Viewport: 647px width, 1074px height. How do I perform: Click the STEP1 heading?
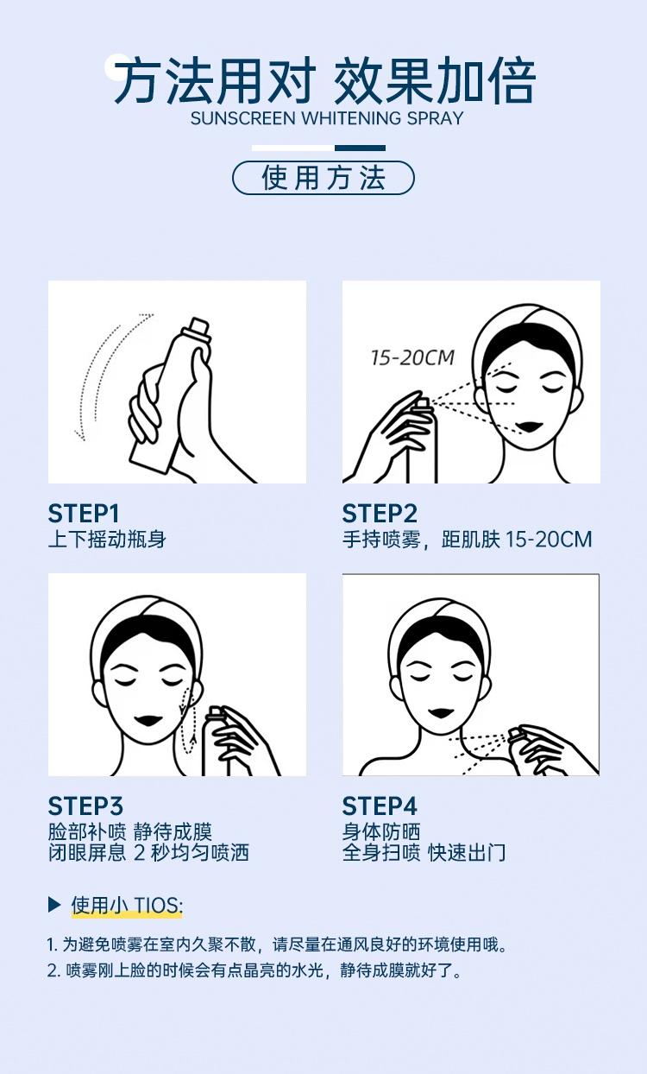pyautogui.click(x=84, y=514)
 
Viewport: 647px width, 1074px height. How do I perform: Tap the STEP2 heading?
pyautogui.click(x=380, y=514)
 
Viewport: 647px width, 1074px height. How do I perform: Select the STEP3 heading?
pyautogui.click(x=85, y=806)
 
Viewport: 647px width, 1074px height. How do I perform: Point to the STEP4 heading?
pyautogui.click(x=380, y=806)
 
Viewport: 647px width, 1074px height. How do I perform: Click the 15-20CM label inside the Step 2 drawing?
pyautogui.click(x=412, y=357)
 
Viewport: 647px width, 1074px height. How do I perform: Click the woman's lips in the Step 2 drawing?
pyautogui.click(x=531, y=426)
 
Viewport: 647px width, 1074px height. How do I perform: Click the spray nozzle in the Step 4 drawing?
pyautogui.click(x=515, y=734)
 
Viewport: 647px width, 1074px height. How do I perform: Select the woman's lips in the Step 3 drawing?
pyautogui.click(x=148, y=721)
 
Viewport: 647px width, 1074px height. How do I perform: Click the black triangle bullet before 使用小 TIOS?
pyautogui.click(x=54, y=906)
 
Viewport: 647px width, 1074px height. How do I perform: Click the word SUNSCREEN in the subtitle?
pyautogui.click(x=242, y=118)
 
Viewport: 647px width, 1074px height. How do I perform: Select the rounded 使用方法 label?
pyautogui.click(x=323, y=178)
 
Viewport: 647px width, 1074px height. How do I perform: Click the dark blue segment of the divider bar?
pyautogui.click(x=360, y=148)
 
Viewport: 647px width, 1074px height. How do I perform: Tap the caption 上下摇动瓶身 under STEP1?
pyautogui.click(x=107, y=540)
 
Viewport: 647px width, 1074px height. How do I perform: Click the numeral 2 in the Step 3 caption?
pyautogui.click(x=140, y=853)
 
